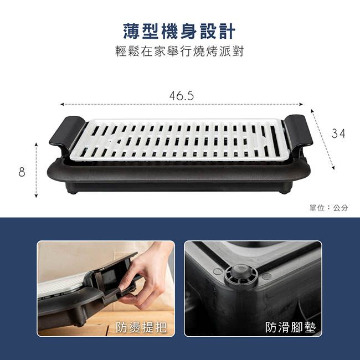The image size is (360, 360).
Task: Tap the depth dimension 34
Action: point(338,133)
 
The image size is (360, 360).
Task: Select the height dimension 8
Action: point(22,172)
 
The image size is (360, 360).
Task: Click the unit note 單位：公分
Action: point(329,208)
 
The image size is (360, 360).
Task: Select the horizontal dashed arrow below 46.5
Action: point(182,104)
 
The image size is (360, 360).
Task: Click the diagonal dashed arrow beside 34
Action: point(322,138)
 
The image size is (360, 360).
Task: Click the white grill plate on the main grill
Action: point(180,140)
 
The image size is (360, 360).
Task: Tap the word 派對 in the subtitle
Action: point(233,52)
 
